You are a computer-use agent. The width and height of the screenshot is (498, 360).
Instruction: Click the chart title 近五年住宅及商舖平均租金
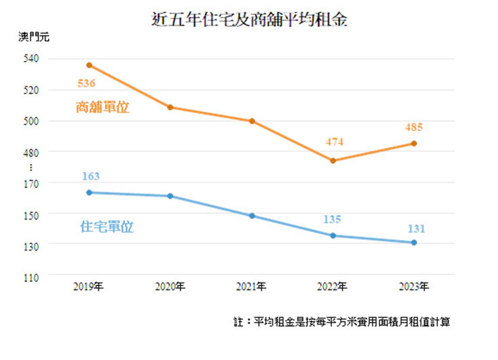(x=250, y=20)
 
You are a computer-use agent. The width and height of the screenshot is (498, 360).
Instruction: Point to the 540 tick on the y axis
(x=31, y=58)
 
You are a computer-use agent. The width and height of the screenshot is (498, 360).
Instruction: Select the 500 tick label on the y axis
(x=31, y=121)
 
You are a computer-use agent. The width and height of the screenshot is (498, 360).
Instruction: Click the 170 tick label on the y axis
(x=31, y=183)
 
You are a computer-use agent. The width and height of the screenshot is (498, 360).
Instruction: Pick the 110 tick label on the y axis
(x=31, y=277)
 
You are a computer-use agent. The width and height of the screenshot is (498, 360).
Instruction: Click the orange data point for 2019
(x=89, y=65)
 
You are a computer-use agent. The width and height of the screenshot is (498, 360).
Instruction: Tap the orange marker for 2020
(x=170, y=107)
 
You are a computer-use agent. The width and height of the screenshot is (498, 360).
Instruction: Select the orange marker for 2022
(x=332, y=161)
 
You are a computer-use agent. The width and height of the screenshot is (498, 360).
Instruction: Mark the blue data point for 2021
(x=252, y=216)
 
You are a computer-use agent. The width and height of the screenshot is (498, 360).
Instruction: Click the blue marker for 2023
(x=414, y=242)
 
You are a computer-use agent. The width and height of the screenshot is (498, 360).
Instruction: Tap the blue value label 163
(x=90, y=176)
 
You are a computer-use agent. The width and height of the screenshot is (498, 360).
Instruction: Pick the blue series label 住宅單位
(x=107, y=227)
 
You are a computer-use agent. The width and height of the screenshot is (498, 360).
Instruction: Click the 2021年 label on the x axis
(x=252, y=287)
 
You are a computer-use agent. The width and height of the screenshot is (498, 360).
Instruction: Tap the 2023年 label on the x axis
(x=414, y=287)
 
